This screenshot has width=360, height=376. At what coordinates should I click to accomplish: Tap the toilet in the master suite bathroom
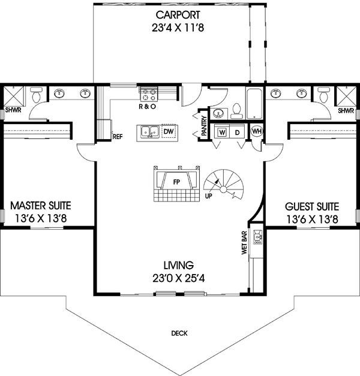pyautogui.click(x=36, y=95)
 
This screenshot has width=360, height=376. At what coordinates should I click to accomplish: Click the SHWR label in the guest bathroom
pyautogui.click(x=345, y=111)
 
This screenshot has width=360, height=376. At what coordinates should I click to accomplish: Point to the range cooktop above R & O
pyautogui.click(x=148, y=94)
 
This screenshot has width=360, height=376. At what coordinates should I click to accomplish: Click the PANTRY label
pyautogui.click(x=205, y=127)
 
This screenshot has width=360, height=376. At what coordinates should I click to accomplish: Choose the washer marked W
pyautogui.click(x=222, y=132)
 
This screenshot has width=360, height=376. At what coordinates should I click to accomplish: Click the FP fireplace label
pyautogui.click(x=177, y=180)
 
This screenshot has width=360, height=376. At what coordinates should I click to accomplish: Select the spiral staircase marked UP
pyautogui.click(x=223, y=182)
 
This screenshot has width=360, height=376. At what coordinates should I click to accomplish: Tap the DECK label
pyautogui.click(x=179, y=333)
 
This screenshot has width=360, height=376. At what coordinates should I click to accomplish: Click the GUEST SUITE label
pyautogui.click(x=311, y=206)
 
